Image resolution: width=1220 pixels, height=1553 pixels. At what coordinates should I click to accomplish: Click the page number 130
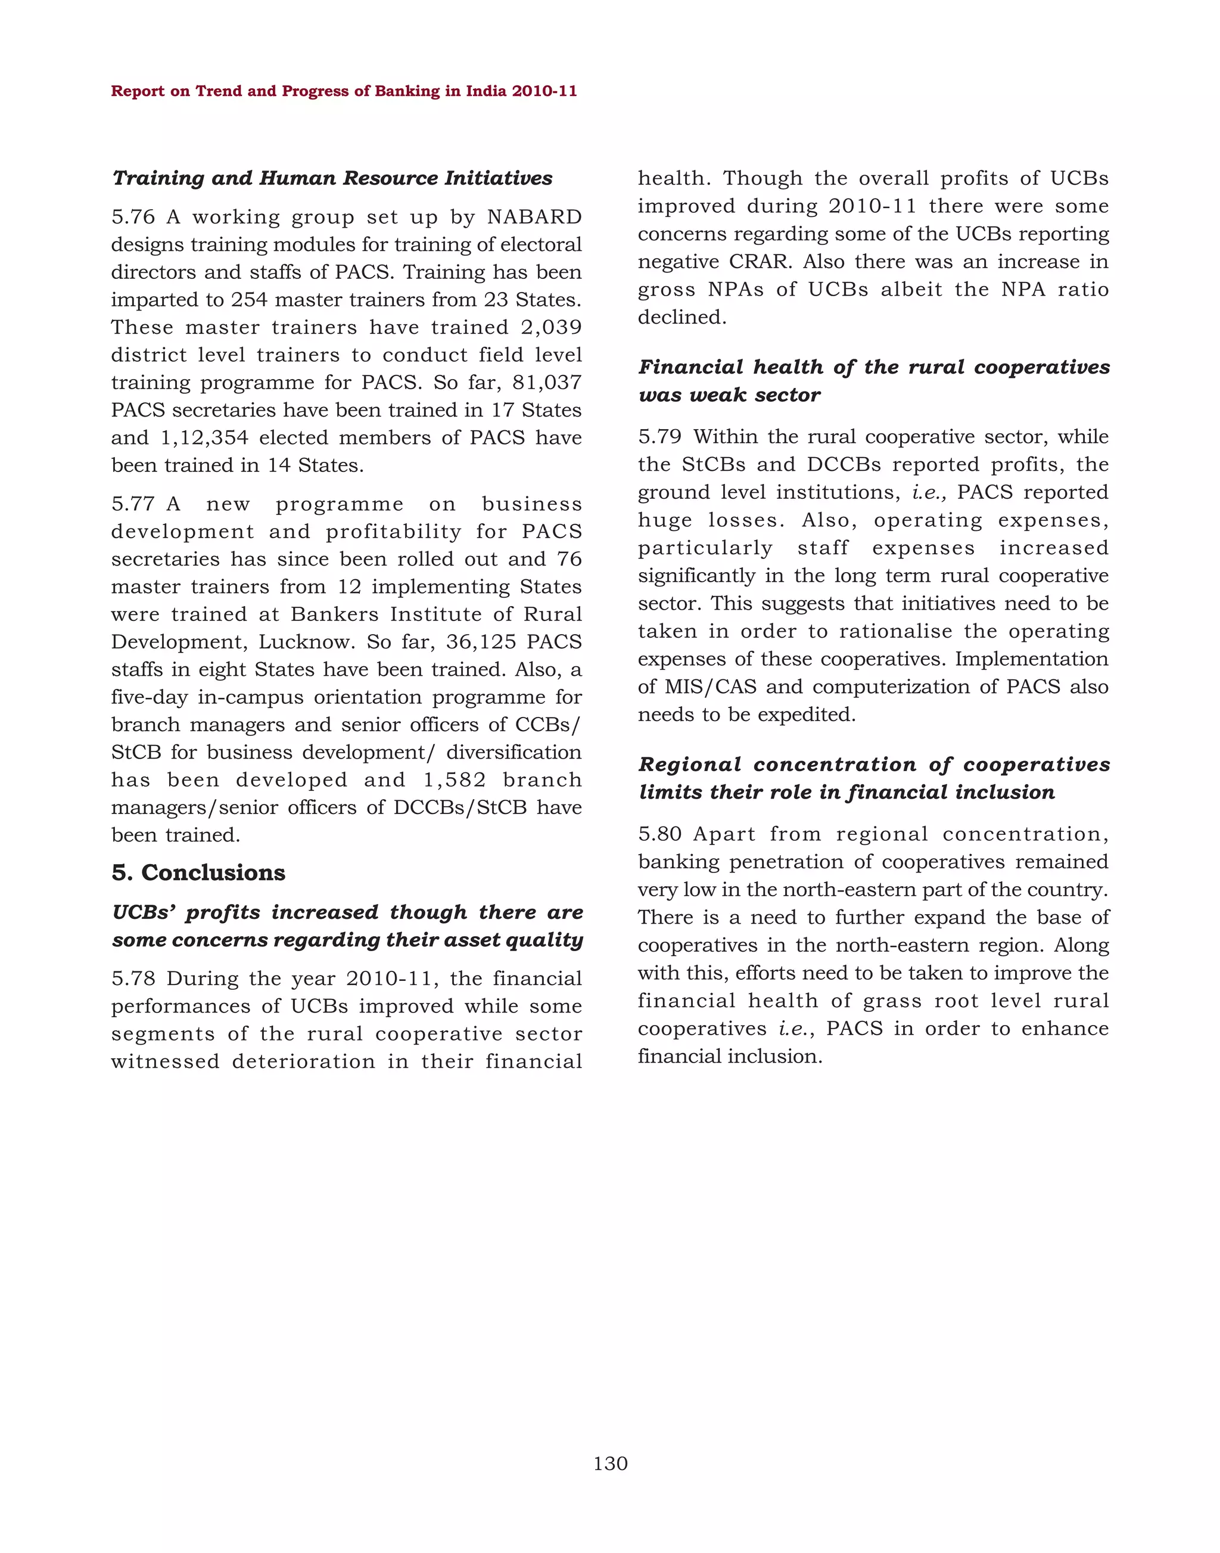click(610, 1464)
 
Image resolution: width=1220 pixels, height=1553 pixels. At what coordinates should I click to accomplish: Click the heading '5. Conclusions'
click(198, 872)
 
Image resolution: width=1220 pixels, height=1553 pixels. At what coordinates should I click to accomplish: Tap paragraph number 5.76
click(133, 216)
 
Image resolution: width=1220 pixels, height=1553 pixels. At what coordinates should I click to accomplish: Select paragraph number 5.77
click(133, 504)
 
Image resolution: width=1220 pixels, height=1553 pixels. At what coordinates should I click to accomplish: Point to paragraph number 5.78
click(133, 979)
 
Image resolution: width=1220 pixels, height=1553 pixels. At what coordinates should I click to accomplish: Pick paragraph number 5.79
click(660, 437)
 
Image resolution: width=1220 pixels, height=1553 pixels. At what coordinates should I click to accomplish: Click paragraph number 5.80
click(660, 834)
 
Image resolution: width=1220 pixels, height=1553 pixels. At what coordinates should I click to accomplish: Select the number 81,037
click(546, 383)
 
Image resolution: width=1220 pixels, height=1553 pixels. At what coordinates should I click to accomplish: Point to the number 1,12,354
click(204, 437)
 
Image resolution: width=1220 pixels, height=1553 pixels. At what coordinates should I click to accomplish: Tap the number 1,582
click(455, 779)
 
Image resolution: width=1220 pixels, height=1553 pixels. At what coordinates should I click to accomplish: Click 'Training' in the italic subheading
click(158, 178)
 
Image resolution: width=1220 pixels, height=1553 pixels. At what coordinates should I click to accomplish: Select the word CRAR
click(760, 262)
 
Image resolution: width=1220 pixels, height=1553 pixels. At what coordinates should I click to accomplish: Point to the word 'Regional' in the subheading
click(690, 764)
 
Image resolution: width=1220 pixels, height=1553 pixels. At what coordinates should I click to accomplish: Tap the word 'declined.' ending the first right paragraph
click(681, 317)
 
